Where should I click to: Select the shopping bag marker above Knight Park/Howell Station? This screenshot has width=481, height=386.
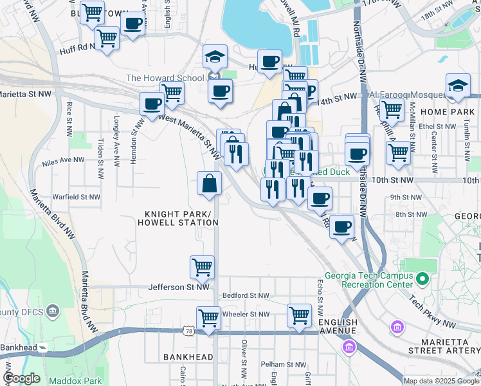(x=210, y=183)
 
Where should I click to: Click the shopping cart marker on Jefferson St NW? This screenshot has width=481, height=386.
(x=202, y=266)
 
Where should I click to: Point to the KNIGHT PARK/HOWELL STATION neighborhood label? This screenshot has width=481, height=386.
(x=177, y=218)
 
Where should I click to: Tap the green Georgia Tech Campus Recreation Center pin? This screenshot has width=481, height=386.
(x=422, y=279)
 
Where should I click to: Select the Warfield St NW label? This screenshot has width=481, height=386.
(x=77, y=197)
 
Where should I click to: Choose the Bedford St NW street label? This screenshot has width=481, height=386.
(x=245, y=295)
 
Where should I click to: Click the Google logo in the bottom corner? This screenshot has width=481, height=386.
(x=22, y=379)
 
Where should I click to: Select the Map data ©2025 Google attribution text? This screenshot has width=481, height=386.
(x=441, y=381)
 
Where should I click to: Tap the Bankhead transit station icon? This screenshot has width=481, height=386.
(x=42, y=347)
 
